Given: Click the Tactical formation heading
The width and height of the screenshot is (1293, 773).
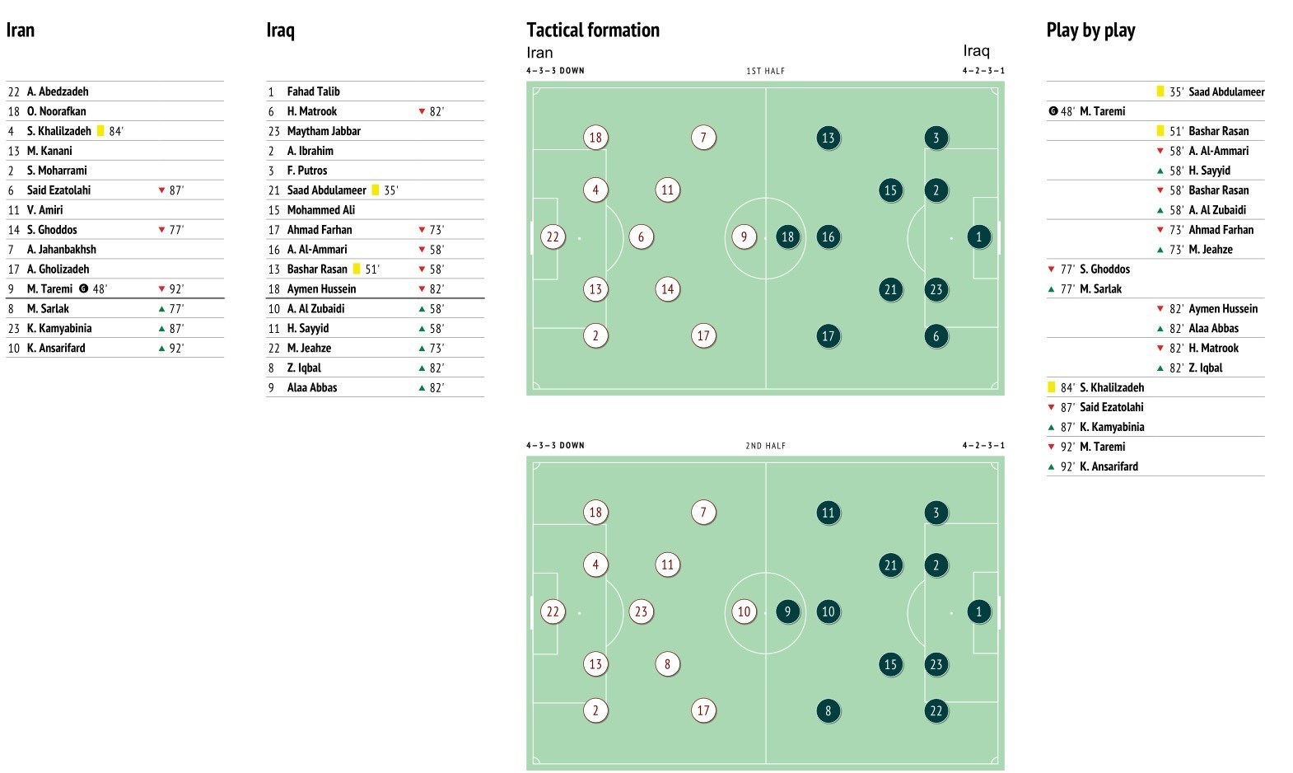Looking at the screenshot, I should click(x=593, y=30).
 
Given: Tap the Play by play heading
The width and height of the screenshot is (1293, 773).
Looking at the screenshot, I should click(x=1090, y=30).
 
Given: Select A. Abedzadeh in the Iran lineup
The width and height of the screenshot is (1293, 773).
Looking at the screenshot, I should click(x=58, y=91).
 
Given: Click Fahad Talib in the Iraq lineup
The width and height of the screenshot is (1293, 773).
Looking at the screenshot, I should click(x=313, y=91).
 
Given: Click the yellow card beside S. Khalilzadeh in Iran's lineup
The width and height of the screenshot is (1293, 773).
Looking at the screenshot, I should click(x=100, y=131).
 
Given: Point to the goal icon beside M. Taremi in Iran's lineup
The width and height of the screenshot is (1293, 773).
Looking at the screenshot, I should click(x=83, y=289).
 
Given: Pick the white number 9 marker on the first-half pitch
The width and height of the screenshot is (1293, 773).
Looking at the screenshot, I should click(x=744, y=237).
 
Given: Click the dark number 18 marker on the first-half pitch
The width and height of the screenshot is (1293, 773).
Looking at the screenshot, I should click(x=787, y=237).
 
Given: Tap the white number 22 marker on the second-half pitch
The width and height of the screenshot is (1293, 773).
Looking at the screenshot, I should click(x=553, y=611).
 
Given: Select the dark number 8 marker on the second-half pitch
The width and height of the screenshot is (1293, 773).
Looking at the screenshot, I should click(x=828, y=710).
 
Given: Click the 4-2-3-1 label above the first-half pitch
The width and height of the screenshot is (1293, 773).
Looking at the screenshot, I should click(x=983, y=71).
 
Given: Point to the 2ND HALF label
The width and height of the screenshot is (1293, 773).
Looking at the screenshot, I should click(x=765, y=446).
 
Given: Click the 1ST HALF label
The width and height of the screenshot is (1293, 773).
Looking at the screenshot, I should click(x=765, y=71).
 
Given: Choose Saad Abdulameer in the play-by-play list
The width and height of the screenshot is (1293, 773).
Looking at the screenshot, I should click(x=1226, y=91).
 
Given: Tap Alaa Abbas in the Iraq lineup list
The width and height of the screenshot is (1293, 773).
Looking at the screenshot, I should click(x=312, y=387).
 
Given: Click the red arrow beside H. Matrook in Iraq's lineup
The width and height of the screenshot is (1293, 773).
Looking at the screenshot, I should click(x=422, y=111).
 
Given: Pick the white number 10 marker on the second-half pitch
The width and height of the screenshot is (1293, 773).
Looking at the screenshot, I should click(x=744, y=611).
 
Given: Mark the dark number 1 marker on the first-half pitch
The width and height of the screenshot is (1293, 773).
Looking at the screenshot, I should click(x=978, y=237).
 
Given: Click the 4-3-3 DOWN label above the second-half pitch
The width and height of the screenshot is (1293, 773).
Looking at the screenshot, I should click(x=555, y=446).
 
